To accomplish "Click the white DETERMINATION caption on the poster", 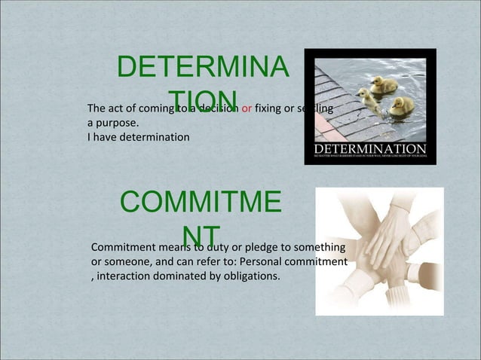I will tap(369, 148).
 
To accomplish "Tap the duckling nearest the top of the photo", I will tap(383, 84).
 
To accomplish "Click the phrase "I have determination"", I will tap(139, 136).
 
